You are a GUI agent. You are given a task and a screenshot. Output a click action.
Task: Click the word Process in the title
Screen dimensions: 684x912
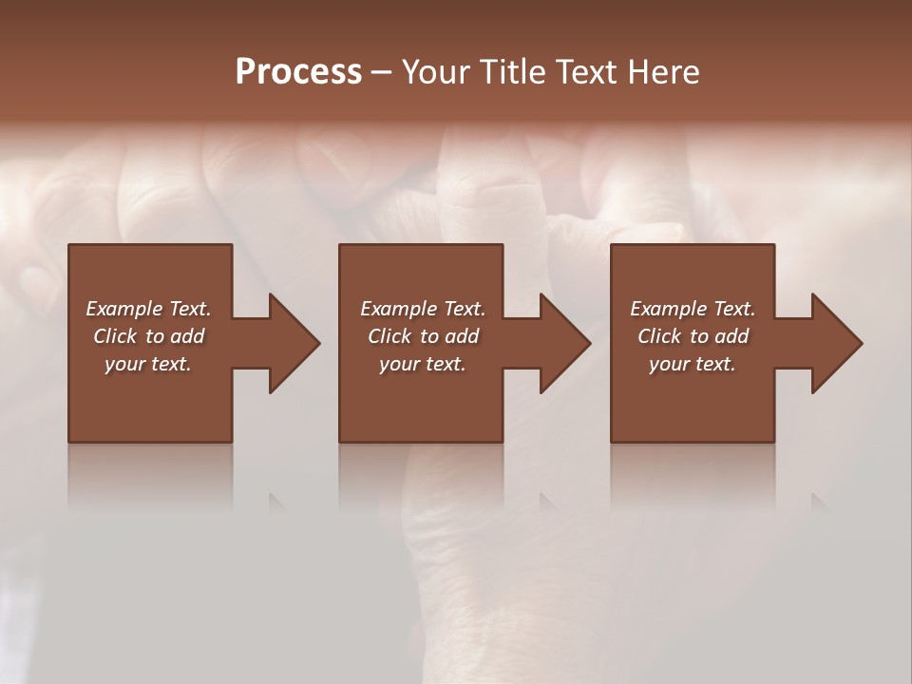pyautogui.click(x=298, y=72)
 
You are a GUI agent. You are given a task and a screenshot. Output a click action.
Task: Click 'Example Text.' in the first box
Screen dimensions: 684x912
pyautogui.click(x=148, y=309)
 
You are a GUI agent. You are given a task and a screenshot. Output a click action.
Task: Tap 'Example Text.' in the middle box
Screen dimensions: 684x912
pyautogui.click(x=423, y=309)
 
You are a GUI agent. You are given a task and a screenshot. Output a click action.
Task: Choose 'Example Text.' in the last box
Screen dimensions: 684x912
pyautogui.click(x=693, y=309)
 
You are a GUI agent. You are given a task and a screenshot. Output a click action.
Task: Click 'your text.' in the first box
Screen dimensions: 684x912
pyautogui.click(x=148, y=364)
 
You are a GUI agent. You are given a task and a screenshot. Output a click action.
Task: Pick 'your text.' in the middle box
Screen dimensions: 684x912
pyautogui.click(x=423, y=364)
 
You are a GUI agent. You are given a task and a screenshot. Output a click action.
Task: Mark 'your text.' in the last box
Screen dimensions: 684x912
pyautogui.click(x=693, y=364)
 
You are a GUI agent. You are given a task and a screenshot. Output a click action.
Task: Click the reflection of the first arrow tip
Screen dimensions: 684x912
pyautogui.click(x=276, y=501)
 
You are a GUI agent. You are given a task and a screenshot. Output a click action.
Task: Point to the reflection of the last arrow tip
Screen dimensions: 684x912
pyautogui.click(x=818, y=501)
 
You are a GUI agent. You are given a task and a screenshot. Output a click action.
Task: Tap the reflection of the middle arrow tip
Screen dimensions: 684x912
pyautogui.click(x=547, y=501)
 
